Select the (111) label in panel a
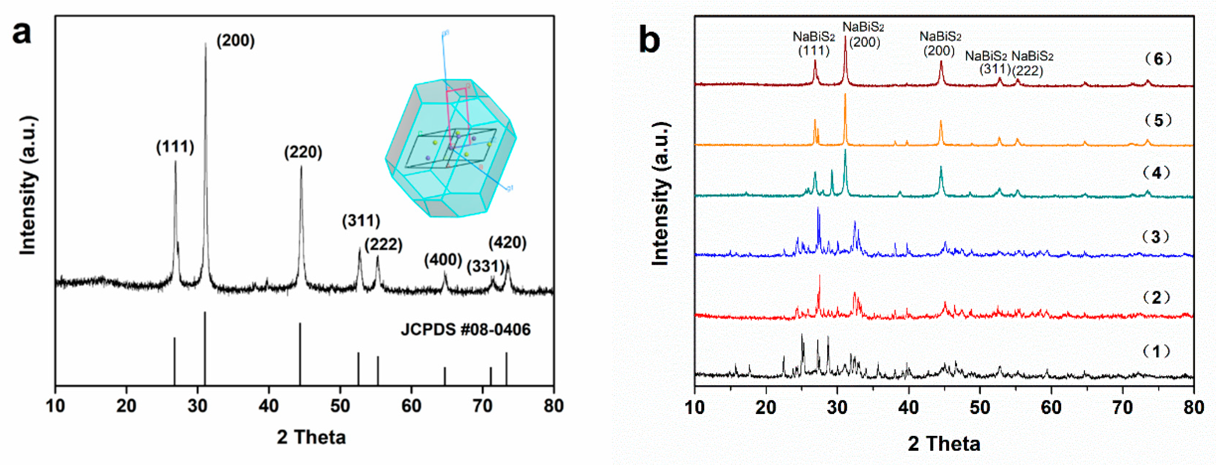175,147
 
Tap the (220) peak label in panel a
303,152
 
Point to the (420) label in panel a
507,243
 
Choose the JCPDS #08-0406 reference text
466,330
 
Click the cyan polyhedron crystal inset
451,149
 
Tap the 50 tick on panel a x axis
340,405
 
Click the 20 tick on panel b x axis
766,407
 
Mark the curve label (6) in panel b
1158,59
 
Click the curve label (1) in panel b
1156,351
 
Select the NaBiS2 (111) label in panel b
813,43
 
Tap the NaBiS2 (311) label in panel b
986,62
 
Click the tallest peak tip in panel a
206,44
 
